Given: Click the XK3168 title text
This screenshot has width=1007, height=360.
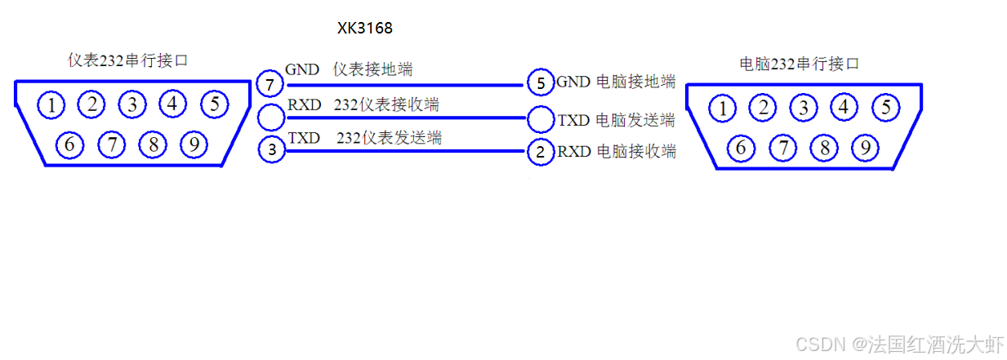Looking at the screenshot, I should click(365, 29).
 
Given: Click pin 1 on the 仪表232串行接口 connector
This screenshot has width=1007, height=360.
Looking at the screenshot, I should click(51, 105).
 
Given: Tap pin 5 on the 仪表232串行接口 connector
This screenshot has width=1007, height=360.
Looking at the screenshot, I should click(214, 104).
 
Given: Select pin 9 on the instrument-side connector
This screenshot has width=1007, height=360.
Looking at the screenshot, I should click(193, 145).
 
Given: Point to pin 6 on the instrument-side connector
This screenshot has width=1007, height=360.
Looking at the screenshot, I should click(69, 145).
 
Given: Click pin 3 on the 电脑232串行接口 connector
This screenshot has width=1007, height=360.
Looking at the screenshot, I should click(804, 107).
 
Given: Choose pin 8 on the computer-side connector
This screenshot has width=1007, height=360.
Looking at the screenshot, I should click(825, 148).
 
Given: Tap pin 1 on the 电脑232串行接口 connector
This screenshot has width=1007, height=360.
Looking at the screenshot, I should click(721, 107).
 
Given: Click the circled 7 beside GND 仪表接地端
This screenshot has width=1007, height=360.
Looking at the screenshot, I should click(270, 84).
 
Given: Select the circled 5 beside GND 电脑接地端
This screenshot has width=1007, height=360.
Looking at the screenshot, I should click(540, 83).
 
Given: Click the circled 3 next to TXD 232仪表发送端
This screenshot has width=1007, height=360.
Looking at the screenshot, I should click(271, 150).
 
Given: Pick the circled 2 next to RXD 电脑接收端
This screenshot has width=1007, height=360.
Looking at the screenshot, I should click(540, 152).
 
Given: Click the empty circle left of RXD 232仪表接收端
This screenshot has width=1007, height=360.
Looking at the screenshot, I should click(270, 118).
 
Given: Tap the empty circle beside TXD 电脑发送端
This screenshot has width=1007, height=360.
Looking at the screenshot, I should click(541, 119).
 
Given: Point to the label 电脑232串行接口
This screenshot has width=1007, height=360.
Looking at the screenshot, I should click(799, 64).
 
